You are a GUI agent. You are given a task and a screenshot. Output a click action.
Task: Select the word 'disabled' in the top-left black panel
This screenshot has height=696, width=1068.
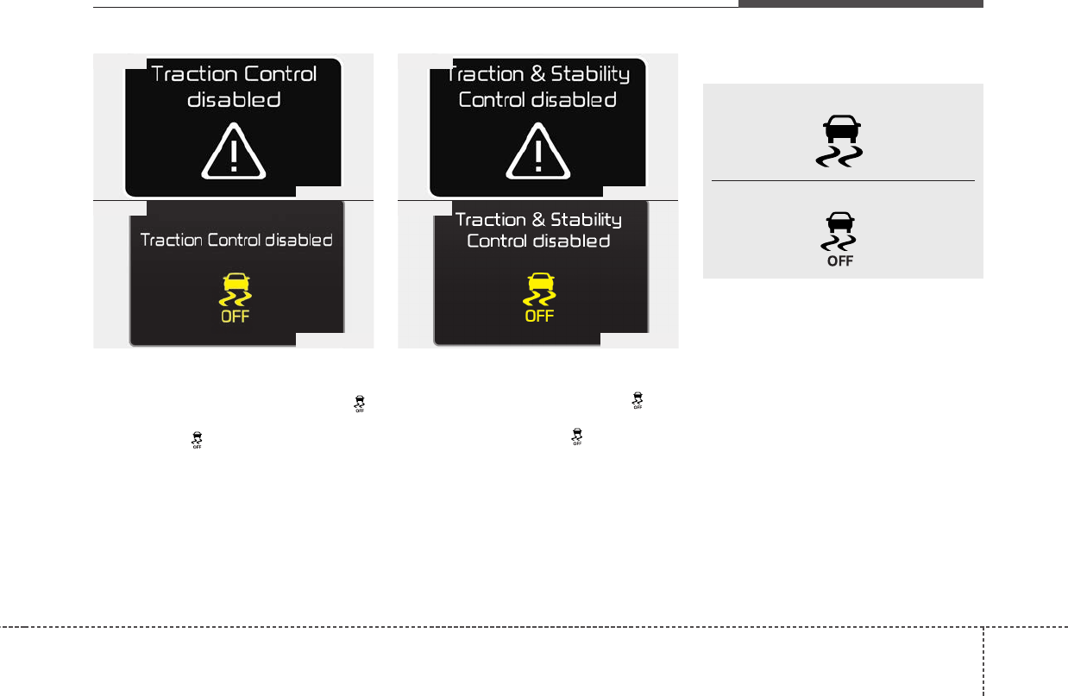pos(234,99)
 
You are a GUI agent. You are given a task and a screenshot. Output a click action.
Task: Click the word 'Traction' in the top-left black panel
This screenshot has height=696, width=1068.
pos(193,73)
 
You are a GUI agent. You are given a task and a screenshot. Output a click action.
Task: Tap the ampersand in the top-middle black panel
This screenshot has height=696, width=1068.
pos(537,73)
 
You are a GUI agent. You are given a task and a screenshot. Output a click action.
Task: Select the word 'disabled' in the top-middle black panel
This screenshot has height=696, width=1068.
pos(574,99)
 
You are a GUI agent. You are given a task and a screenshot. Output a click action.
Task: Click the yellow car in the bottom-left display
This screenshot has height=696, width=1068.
pos(236,281)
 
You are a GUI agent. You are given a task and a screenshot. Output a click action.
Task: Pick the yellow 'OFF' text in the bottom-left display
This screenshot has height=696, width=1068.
pos(236,317)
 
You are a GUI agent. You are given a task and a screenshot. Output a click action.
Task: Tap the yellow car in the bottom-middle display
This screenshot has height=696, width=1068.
pos(540,281)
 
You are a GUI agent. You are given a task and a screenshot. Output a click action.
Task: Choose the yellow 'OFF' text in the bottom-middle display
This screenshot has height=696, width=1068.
pos(540,317)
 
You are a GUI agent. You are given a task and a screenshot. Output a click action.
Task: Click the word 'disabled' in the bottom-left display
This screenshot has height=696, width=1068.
pos(297,241)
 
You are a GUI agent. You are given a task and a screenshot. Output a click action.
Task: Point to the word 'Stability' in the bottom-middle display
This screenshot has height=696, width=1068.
pos(586,219)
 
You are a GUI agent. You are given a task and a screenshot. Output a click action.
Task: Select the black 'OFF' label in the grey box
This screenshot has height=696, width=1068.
pos(841,260)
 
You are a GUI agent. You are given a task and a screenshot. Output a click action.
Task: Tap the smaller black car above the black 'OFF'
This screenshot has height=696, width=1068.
pos(841,220)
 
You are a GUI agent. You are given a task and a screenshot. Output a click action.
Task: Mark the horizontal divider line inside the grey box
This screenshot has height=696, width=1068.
pos(842,180)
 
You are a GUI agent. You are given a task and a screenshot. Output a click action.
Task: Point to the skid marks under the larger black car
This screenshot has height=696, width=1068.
pos(842,154)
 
